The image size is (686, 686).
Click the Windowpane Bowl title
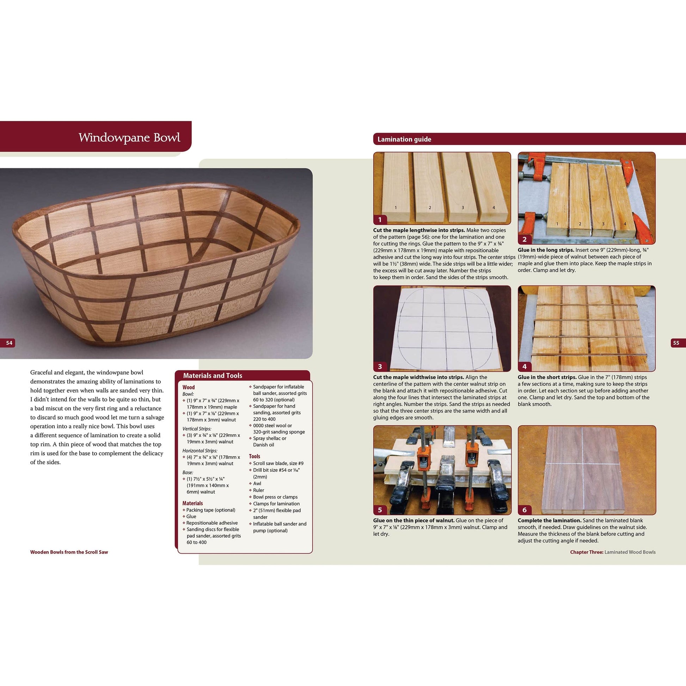129,137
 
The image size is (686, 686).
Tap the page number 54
9,343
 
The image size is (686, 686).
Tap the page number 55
676,343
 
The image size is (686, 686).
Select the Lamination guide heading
404,139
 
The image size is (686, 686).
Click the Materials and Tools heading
212,375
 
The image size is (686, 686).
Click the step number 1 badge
380,219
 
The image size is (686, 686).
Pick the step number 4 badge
525,366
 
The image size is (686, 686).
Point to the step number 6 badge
525,510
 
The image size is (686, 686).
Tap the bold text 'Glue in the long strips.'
546,250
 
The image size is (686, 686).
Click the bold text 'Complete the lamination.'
549,520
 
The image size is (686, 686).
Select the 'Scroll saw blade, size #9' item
278,463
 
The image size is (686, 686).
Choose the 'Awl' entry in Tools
257,483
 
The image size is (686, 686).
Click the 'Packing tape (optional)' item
210,510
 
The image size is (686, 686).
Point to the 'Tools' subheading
254,456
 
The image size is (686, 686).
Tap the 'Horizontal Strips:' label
200,451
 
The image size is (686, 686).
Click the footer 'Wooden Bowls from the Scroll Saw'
69,552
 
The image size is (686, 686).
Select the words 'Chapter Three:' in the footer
587,552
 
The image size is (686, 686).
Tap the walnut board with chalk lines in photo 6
585,468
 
